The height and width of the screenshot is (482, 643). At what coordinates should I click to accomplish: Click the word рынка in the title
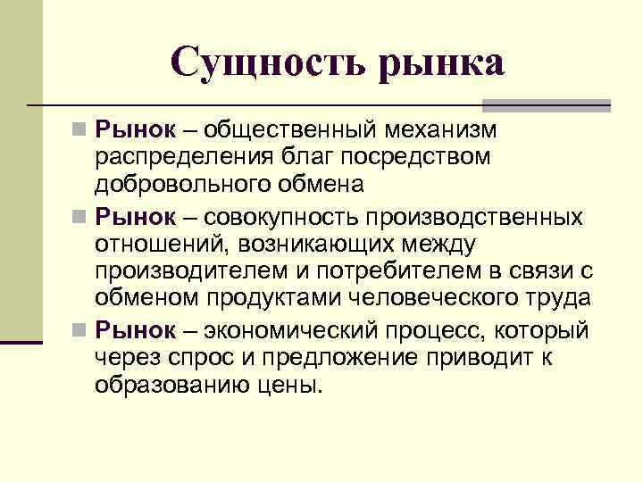441,64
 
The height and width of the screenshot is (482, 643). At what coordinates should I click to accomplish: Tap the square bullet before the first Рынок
81,130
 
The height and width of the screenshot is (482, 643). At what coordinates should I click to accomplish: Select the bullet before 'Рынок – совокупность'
81,217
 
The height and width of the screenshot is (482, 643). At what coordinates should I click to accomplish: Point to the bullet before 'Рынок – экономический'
81,330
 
